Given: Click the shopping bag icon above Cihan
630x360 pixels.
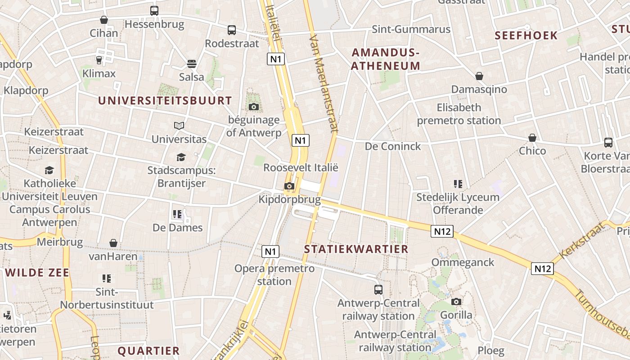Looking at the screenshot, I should pyautogui.click(x=104, y=20).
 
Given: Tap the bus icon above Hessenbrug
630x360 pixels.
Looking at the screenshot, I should pyautogui.click(x=154, y=10).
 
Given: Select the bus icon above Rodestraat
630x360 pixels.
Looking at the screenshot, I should pyautogui.click(x=232, y=30).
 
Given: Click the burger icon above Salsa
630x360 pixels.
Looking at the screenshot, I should pyautogui.click(x=192, y=64).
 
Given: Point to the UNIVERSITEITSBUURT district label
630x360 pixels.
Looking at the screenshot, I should pyautogui.click(x=165, y=100).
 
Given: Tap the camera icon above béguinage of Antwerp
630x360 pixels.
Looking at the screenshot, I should pyautogui.click(x=254, y=107).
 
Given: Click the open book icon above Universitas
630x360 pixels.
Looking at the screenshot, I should pyautogui.click(x=179, y=126).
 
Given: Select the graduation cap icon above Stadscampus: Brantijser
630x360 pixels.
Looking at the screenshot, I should pyautogui.click(x=181, y=157).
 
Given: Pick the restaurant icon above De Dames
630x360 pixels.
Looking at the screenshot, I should pyautogui.click(x=177, y=214).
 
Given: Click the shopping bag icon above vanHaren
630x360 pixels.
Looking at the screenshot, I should pyautogui.click(x=113, y=243).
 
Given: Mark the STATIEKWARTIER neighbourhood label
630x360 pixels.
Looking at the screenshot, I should pyautogui.click(x=356, y=249).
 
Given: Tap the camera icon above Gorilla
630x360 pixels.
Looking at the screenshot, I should pyautogui.click(x=456, y=301).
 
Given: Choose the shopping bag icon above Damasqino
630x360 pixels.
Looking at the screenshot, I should pyautogui.click(x=479, y=76).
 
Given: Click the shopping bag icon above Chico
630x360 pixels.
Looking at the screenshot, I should pyautogui.click(x=532, y=138).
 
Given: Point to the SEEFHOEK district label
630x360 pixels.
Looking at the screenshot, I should pyautogui.click(x=526, y=36).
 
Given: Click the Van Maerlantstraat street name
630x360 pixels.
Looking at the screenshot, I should pyautogui.click(x=324, y=83).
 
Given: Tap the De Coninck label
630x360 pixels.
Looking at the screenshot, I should pyautogui.click(x=393, y=146).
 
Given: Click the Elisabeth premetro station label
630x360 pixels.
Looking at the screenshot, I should pyautogui.click(x=459, y=114).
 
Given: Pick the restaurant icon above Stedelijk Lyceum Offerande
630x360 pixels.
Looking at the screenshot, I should pyautogui.click(x=458, y=184).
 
